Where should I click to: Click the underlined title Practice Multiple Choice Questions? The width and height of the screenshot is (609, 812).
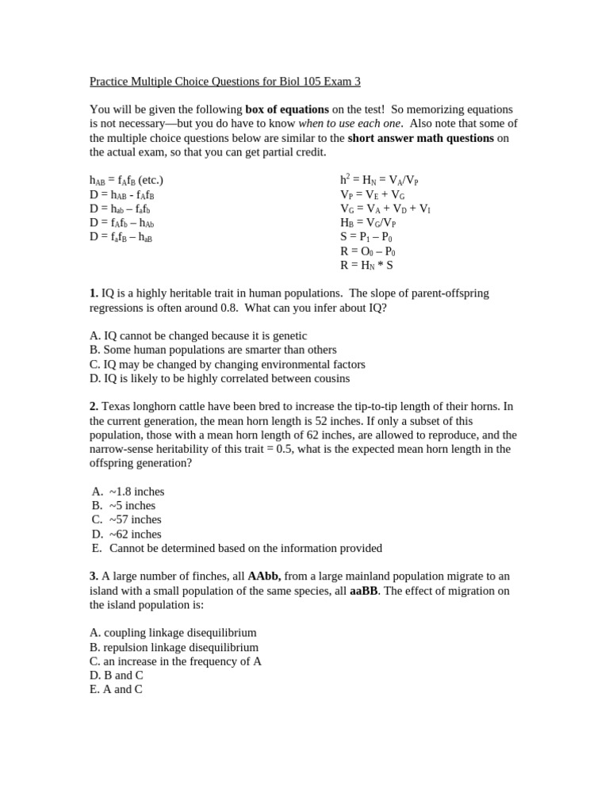point(224,81)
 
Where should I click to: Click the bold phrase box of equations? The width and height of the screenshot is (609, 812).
point(286,109)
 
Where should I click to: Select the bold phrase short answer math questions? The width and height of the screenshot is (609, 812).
point(420,138)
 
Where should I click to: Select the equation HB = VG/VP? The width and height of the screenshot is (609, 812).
point(368,223)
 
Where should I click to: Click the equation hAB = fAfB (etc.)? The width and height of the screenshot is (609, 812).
point(126,180)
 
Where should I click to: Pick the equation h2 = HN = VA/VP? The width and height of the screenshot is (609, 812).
point(379,180)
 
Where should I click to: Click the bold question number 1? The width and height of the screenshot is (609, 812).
point(94,293)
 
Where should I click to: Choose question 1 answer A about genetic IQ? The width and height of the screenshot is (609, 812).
point(198,335)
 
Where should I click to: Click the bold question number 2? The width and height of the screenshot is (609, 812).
point(94,406)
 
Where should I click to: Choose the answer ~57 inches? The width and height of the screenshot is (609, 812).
point(135,519)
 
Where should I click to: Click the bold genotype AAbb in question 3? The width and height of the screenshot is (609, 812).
point(264,576)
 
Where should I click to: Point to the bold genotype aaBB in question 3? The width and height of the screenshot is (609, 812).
point(364,591)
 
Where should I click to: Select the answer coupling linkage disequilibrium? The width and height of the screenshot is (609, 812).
point(173,633)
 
